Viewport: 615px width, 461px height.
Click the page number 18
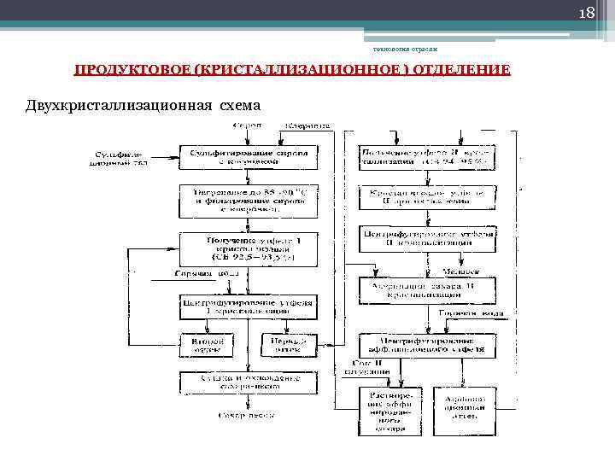(x=588, y=15)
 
